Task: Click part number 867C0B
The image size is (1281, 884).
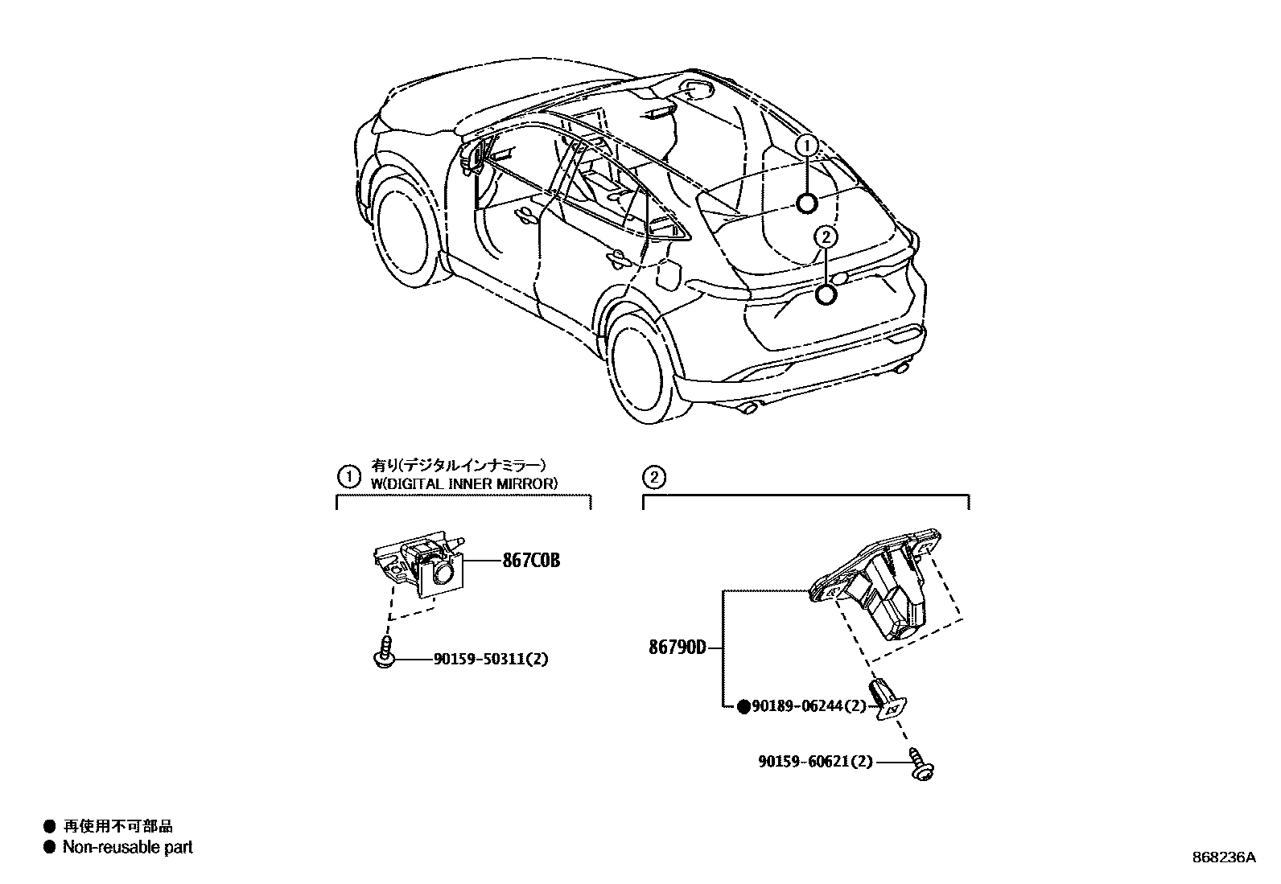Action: pos(530,561)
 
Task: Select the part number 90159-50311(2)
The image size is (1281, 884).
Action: pos(491,659)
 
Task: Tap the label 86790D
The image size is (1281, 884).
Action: pos(678,647)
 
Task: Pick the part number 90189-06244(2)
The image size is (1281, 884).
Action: pos(808,706)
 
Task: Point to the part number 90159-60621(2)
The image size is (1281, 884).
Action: pos(814,761)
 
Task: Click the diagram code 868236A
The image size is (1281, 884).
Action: pos(1224,857)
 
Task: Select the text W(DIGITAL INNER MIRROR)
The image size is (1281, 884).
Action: pos(463,483)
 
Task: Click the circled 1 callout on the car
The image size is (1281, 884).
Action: pos(807,146)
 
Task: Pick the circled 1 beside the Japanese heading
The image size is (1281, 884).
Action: pos(348,477)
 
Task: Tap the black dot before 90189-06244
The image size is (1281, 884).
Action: pos(743,706)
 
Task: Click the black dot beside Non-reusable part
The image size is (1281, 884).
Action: pos(50,847)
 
